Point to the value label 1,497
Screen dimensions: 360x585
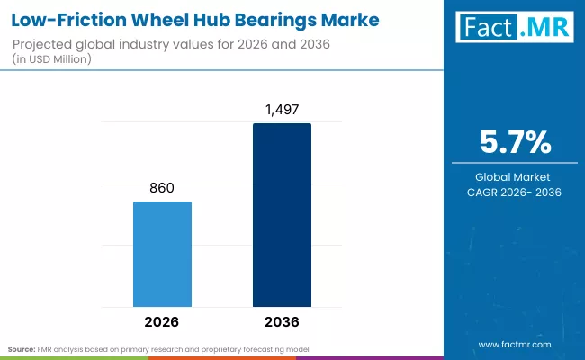click(282, 110)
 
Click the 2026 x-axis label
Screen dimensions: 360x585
click(162, 321)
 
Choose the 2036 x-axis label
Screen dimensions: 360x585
click(282, 321)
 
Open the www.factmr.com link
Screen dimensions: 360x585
click(515, 344)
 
